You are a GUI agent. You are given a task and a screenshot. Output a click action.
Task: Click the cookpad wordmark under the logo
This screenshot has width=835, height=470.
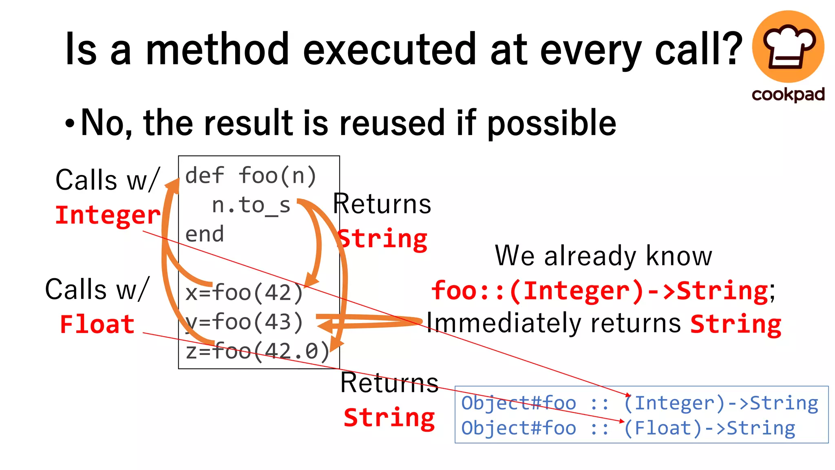788,95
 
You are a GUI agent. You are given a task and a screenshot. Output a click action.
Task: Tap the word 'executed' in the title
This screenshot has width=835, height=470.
389,49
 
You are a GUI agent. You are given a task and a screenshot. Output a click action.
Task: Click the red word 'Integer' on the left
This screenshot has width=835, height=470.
108,215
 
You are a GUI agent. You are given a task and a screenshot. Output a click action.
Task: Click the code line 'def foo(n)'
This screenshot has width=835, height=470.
251,176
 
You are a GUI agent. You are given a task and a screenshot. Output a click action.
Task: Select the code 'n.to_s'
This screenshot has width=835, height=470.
251,205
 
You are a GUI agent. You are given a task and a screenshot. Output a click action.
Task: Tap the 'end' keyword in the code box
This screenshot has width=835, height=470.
204,235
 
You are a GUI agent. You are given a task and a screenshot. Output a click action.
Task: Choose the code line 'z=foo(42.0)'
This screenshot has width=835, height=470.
257,351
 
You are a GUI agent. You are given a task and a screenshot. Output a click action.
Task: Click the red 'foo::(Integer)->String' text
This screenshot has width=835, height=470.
599,291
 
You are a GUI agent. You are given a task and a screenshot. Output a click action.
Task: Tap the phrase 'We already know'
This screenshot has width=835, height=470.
603,256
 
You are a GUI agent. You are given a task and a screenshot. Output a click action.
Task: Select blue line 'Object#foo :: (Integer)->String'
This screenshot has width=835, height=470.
639,403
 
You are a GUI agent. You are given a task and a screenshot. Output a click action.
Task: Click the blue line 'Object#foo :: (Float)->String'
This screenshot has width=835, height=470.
628,428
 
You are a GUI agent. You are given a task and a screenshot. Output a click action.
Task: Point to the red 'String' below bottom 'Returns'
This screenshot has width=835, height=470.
389,418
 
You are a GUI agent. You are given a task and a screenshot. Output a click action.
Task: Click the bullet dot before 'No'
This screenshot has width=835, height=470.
70,123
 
